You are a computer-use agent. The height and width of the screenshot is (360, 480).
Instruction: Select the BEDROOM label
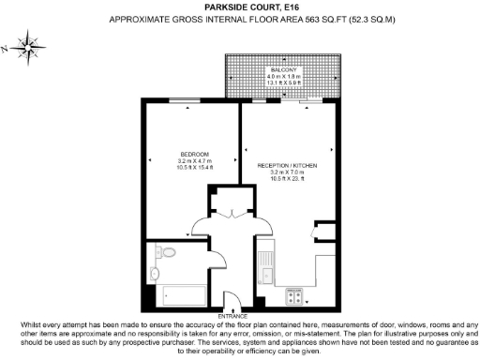(195, 154)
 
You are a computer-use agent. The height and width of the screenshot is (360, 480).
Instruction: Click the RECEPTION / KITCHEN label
(288, 165)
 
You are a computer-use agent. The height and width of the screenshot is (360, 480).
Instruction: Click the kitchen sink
(266, 273)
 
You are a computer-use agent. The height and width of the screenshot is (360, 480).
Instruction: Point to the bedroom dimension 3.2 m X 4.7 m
(195, 160)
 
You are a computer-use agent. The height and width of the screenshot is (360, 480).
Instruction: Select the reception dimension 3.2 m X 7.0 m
(288, 172)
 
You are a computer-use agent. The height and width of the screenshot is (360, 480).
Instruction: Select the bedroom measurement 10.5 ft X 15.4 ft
(195, 167)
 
